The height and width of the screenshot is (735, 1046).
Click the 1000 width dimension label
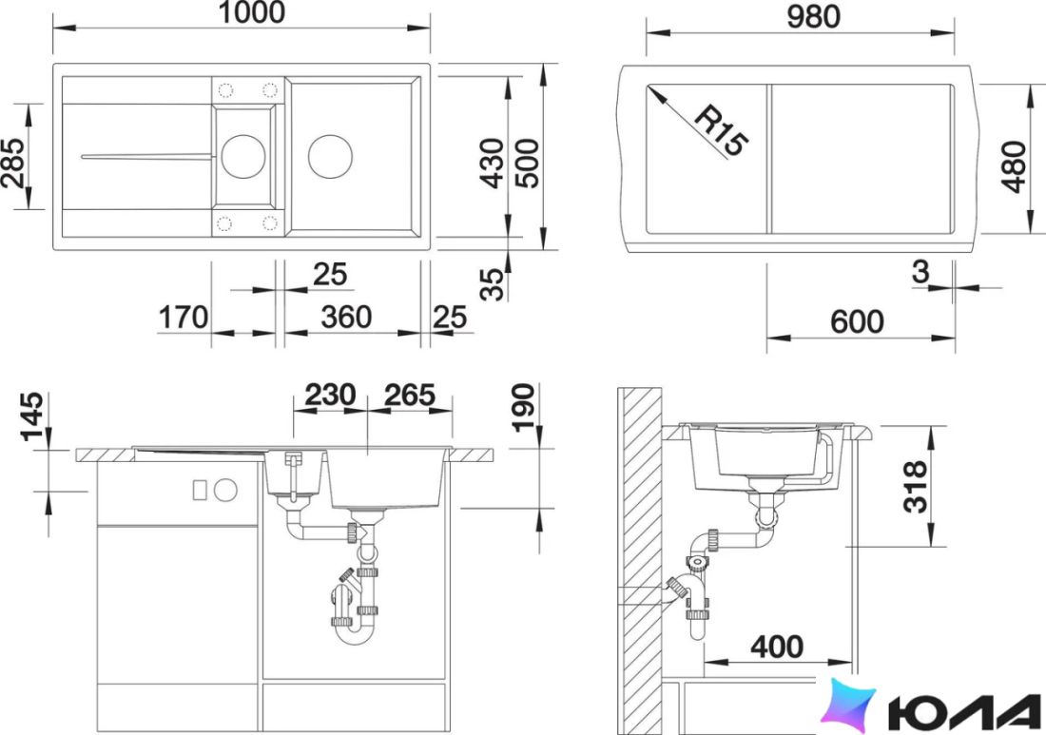coord(251,12)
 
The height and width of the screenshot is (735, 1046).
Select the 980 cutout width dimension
coord(813,17)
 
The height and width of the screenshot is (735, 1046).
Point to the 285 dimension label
coord(14,163)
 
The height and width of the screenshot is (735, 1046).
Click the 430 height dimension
coord(493,164)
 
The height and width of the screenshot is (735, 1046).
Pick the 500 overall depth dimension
coord(527,164)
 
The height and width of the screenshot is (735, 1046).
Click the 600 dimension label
coord(857,321)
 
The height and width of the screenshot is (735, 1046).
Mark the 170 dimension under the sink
coord(184,318)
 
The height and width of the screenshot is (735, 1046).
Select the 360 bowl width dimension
coord(346,318)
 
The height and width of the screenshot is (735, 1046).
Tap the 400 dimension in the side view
coord(777,647)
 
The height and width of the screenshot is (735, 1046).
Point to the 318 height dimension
coord(915,486)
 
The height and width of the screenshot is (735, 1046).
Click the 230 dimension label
coord(330,395)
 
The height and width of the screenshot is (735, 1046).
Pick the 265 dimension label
coord(410,395)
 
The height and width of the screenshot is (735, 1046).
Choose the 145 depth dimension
coord(32,416)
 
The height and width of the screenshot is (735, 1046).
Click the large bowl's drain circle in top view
coord(330,155)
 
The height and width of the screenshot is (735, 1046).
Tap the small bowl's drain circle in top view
coord(243,155)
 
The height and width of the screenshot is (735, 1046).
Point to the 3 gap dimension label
coord(920,271)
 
